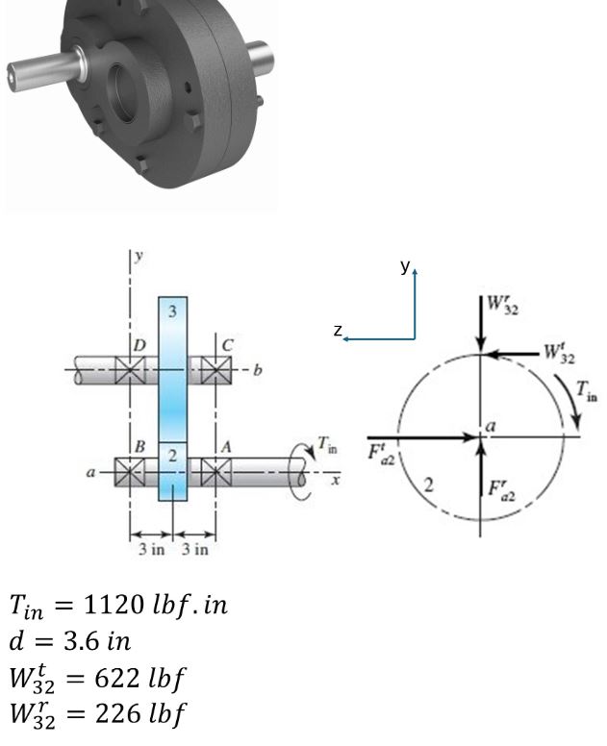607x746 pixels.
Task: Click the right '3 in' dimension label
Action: click(x=195, y=550)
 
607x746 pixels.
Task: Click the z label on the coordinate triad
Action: click(x=338, y=330)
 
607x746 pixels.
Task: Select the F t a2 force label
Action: click(x=381, y=450)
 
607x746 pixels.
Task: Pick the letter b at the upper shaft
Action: click(x=257, y=370)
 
